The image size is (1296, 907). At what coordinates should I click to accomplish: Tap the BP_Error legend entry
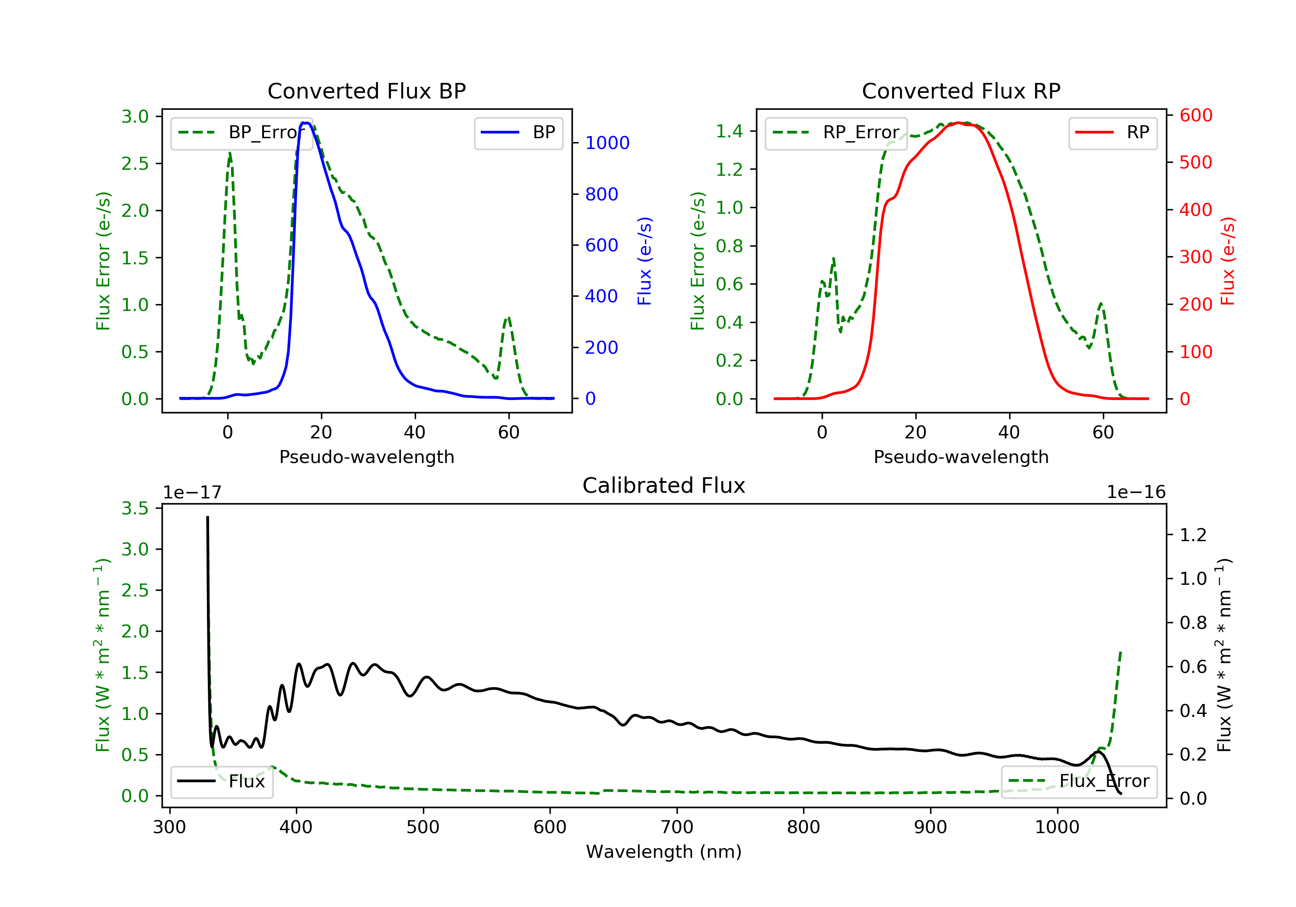[241, 133]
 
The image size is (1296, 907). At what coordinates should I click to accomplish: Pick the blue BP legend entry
[518, 133]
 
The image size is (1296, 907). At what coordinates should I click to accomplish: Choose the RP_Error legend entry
[836, 133]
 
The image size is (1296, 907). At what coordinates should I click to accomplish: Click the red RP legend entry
[1112, 133]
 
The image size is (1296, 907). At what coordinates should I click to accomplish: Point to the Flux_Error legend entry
[1079, 782]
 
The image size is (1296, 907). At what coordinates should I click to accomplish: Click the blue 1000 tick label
[607, 143]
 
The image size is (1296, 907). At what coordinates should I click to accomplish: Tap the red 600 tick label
[1195, 116]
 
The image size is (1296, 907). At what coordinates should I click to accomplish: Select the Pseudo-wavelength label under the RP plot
[961, 457]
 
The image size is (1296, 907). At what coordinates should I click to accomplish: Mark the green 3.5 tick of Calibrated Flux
[135, 508]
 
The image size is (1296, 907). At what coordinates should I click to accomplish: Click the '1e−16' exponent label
[1136, 493]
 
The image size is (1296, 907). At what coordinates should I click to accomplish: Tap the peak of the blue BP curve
[305, 123]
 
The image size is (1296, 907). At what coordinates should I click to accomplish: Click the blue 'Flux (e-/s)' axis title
[644, 261]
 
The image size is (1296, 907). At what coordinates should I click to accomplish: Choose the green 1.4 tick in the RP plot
[729, 131]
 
